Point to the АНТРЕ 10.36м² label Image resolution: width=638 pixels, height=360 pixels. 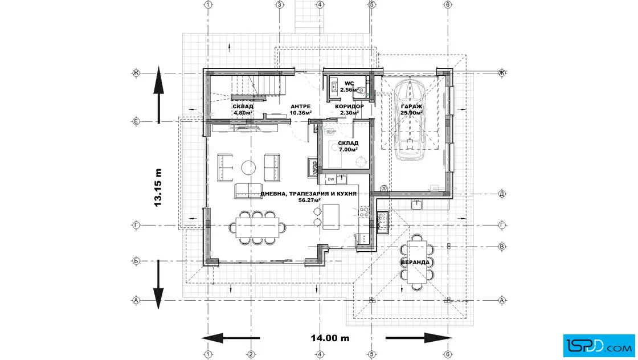pos(300,109)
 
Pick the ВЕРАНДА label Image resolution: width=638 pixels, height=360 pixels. pos(415,262)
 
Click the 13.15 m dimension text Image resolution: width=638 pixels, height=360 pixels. pos(158,187)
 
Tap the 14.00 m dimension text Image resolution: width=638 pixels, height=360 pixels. pos(330,338)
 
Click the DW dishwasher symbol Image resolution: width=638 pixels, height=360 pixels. pos(330,179)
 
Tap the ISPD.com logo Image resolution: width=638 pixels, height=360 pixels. pos(599,343)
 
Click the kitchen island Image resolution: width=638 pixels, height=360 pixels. pos(331,217)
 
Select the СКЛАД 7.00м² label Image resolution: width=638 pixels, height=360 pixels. pos(347,146)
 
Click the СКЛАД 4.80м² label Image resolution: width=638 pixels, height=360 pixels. pos(243,109)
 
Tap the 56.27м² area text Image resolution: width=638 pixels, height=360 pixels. pos(308,201)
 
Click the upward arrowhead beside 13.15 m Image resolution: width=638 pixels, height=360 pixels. pos(158,83)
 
